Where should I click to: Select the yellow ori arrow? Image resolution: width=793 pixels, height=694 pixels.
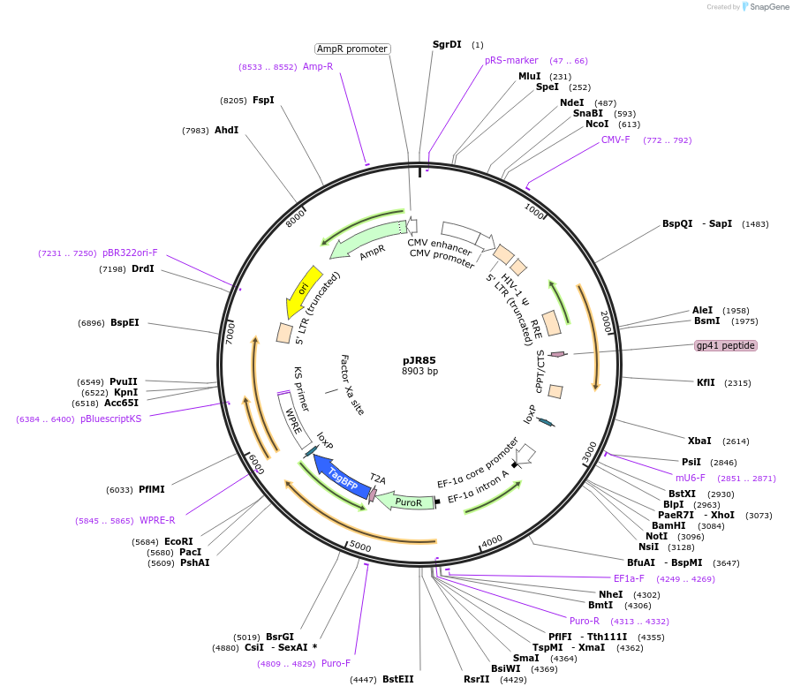pos(303,290)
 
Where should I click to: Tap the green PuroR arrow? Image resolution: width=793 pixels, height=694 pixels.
pos(408,502)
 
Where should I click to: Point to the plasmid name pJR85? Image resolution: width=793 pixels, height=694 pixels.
pos(419,360)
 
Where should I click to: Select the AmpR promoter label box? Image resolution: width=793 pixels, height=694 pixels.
pos(352,49)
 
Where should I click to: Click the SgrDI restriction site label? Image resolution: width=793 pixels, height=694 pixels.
pos(447,44)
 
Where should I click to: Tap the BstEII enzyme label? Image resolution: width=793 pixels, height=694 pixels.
pos(397,679)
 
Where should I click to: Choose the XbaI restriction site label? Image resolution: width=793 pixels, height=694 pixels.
pos(699,441)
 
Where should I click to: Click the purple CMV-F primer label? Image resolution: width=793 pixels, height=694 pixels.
pos(616,140)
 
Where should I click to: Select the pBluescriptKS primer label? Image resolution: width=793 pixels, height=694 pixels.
pos(110,419)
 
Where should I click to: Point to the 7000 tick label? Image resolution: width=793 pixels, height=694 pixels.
pos(230,332)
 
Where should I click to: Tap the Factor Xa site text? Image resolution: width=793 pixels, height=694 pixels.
pos(351,385)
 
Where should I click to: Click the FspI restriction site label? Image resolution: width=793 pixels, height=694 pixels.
pos(263,100)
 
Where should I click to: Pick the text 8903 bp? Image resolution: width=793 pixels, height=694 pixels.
pos(419,372)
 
